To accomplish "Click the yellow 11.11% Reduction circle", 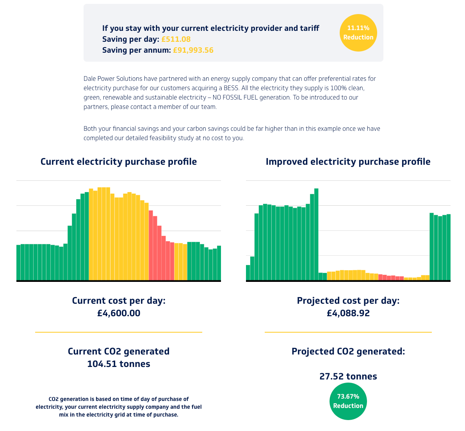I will (x=358, y=33).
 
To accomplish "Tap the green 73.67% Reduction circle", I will (x=348, y=401).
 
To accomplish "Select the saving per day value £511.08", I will (x=176, y=39).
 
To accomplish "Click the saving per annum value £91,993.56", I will (x=193, y=50).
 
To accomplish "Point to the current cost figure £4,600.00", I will (x=119, y=313).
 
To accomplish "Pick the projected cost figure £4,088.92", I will (x=348, y=313).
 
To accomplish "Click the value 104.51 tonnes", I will (x=119, y=364).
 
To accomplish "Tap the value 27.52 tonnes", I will (x=348, y=376).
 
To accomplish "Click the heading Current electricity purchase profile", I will (x=119, y=162).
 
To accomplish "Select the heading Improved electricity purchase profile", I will (x=348, y=162).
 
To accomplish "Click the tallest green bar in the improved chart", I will (x=316, y=234).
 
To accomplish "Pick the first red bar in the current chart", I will (x=151, y=246).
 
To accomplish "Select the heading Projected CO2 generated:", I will (x=348, y=351).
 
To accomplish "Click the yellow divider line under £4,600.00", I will (x=119, y=332).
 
